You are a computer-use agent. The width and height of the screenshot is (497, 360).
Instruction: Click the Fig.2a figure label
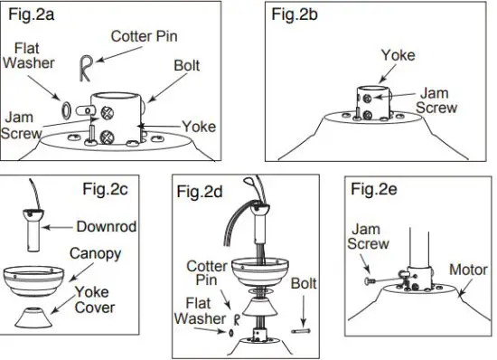(27, 15)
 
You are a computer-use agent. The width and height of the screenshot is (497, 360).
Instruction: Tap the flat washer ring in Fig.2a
(65, 109)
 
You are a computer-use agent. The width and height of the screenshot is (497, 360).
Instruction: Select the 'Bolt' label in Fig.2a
(187, 67)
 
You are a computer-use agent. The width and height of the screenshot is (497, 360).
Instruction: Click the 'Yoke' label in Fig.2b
(398, 54)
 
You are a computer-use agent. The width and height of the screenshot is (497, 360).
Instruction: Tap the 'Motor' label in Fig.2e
(468, 270)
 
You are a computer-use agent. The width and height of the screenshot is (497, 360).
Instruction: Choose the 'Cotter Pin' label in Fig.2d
(205, 275)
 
